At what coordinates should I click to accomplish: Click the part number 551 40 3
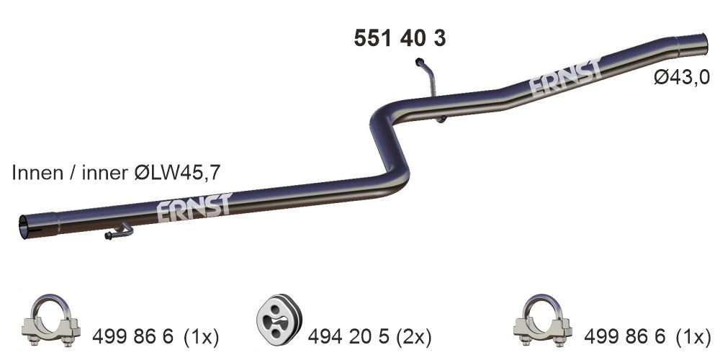pos(400,38)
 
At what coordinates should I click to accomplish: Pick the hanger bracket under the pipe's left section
pos(119,232)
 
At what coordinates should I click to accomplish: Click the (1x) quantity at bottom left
pos(201,336)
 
